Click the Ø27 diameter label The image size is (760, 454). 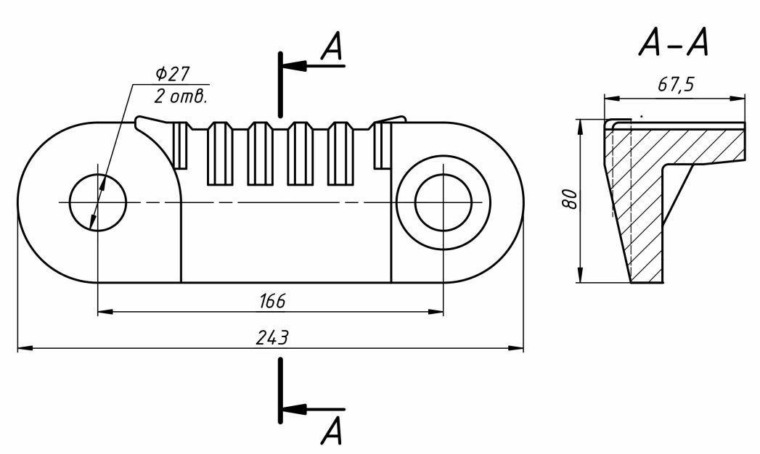point(172,75)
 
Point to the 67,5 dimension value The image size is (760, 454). point(675,86)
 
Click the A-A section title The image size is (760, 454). point(674,44)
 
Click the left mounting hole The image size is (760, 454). point(98,202)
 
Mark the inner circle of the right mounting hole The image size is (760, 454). point(444,202)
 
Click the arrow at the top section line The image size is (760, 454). point(291,66)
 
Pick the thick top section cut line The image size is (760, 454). point(279,83)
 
